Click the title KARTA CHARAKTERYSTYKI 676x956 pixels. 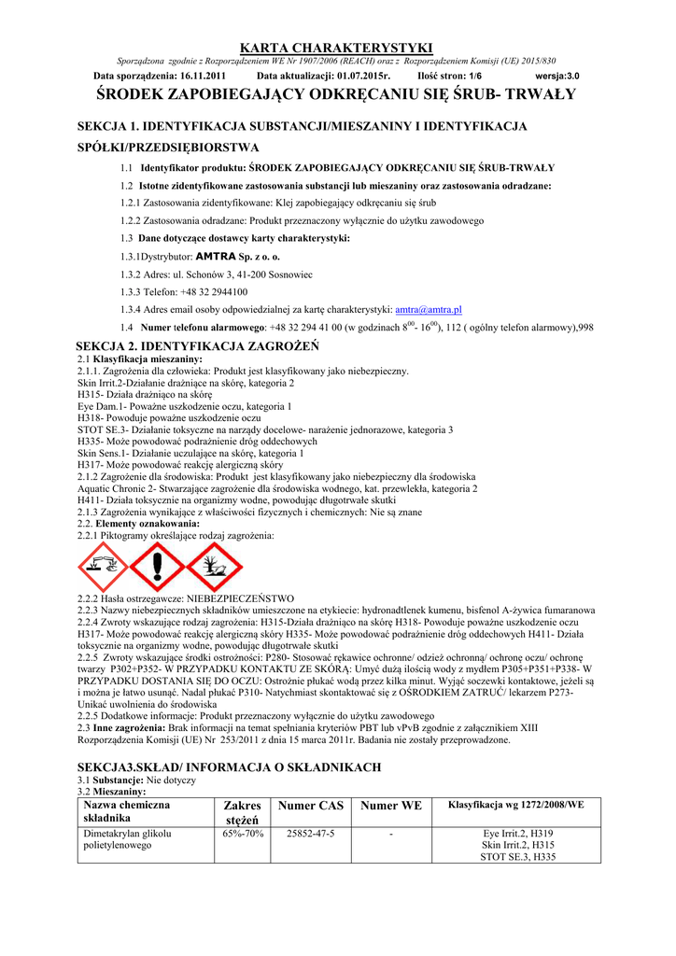[337, 47]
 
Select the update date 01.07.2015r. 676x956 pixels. [359, 76]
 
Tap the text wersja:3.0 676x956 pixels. [557, 76]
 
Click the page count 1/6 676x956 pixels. [476, 76]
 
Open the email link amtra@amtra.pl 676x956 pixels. [430, 309]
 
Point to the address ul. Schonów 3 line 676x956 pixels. [217, 274]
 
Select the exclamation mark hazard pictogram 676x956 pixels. [159, 567]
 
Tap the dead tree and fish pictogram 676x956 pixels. [215, 567]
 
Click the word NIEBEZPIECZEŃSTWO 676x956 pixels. [241, 598]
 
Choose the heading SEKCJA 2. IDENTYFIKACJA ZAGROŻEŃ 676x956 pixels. [198, 346]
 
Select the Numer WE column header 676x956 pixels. [391, 805]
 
